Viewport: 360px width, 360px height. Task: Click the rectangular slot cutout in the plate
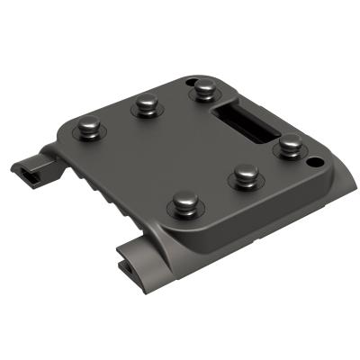(x=245, y=121)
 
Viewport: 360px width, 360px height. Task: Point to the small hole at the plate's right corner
(x=313, y=163)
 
